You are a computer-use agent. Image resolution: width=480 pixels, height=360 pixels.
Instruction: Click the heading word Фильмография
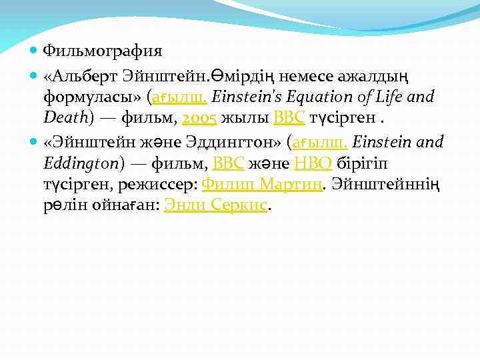click(x=102, y=51)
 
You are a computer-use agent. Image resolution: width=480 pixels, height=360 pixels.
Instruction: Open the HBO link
click(x=314, y=164)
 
